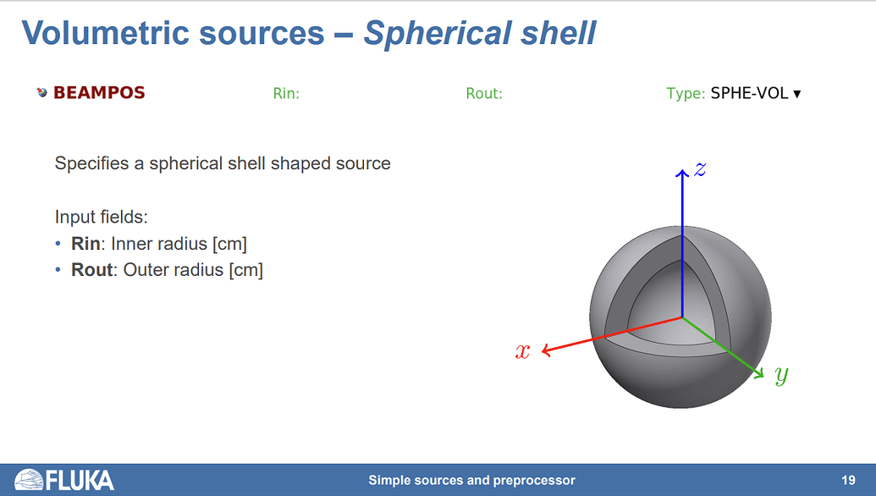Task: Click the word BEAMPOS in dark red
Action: (x=99, y=93)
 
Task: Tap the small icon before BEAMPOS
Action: (x=42, y=93)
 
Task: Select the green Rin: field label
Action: (x=286, y=94)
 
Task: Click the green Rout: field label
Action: (x=484, y=94)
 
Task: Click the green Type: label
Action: (x=685, y=94)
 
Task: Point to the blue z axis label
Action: (x=700, y=168)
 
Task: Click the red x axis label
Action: (x=523, y=351)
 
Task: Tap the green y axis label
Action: (x=781, y=374)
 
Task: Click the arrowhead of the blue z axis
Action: (x=682, y=173)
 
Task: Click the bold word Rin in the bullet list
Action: (x=85, y=245)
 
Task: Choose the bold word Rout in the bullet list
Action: (x=91, y=270)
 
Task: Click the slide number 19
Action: (x=848, y=480)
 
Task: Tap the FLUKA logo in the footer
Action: (x=65, y=480)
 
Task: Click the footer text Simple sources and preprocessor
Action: (x=471, y=480)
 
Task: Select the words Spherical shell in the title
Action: (x=480, y=33)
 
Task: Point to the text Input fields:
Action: (x=102, y=217)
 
